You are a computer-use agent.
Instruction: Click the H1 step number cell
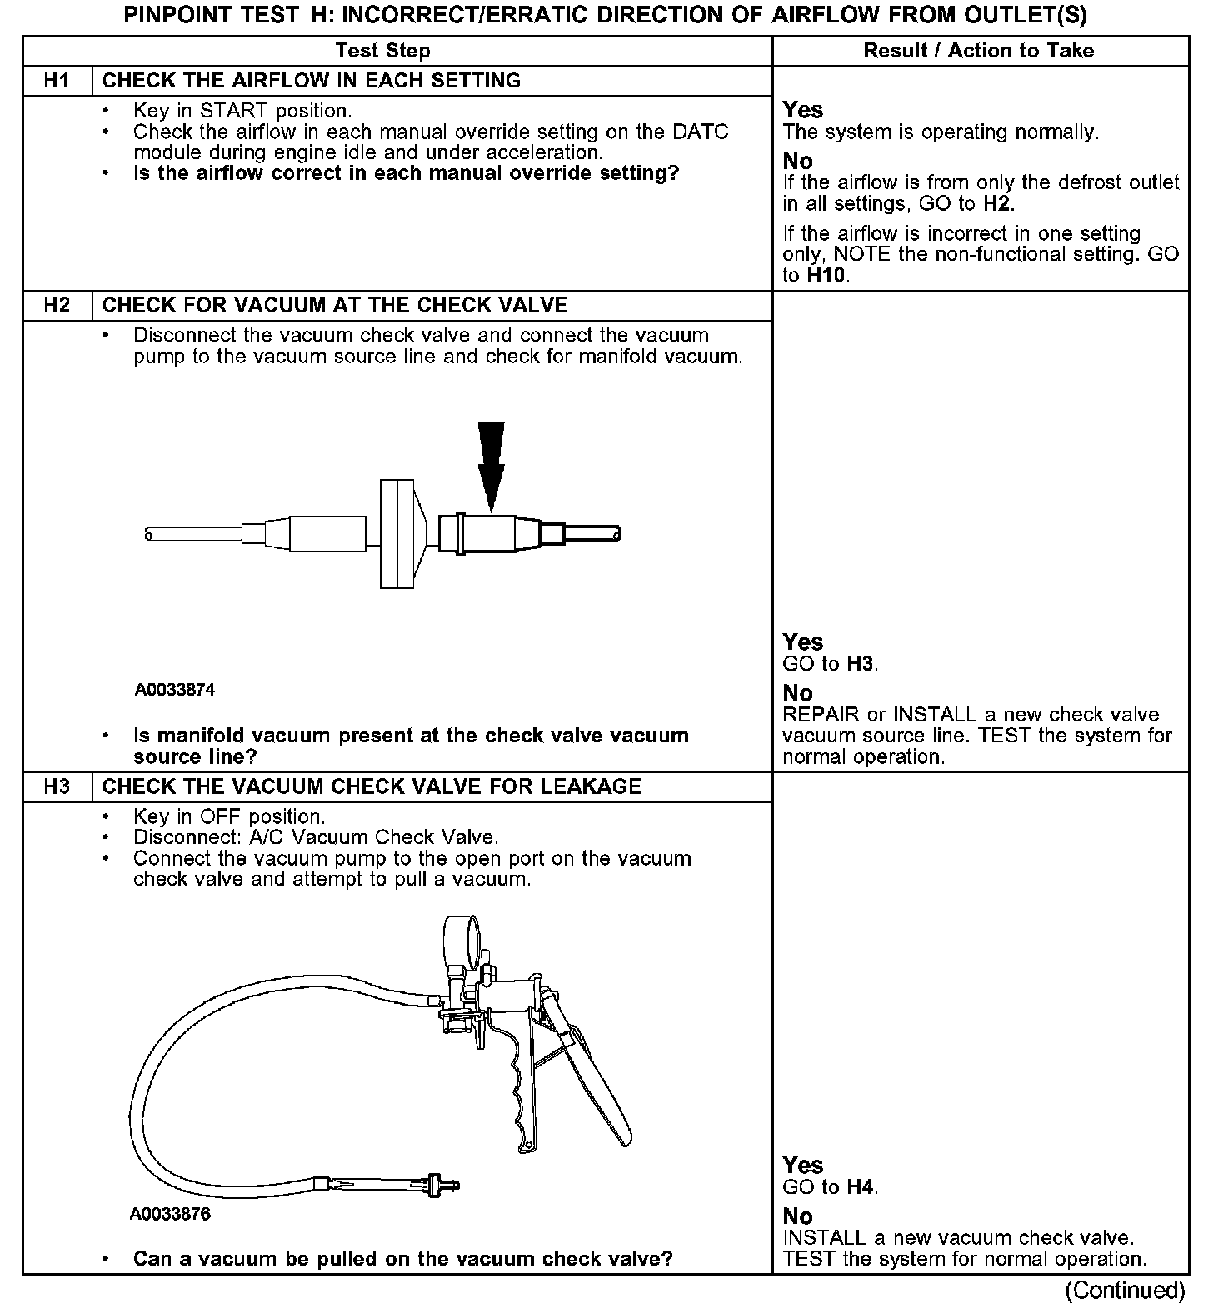click(x=57, y=81)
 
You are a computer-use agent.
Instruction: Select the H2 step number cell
click(x=57, y=305)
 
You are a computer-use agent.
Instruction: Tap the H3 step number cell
click(x=57, y=786)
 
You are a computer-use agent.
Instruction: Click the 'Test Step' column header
click(x=382, y=51)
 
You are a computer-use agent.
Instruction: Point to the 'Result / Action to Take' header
click(x=978, y=51)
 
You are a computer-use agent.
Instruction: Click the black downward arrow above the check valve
click(x=491, y=462)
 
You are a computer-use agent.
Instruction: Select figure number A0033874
click(x=175, y=690)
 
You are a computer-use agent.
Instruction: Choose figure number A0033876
click(x=170, y=1214)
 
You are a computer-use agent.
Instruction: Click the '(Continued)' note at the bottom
click(x=1125, y=1290)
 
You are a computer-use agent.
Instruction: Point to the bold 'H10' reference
click(x=826, y=276)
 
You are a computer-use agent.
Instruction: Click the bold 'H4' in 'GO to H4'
click(x=861, y=1187)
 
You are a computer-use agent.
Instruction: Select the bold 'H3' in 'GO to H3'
click(x=861, y=664)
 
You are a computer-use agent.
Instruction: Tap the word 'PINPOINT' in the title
click(x=176, y=16)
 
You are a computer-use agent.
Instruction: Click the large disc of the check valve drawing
click(x=397, y=533)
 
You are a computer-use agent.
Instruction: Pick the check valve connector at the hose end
click(x=438, y=1186)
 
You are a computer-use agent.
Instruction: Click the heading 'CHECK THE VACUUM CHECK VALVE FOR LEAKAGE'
click(x=372, y=786)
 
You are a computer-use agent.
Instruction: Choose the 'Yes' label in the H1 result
click(x=802, y=110)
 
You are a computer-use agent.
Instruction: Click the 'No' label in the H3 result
click(x=797, y=1216)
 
